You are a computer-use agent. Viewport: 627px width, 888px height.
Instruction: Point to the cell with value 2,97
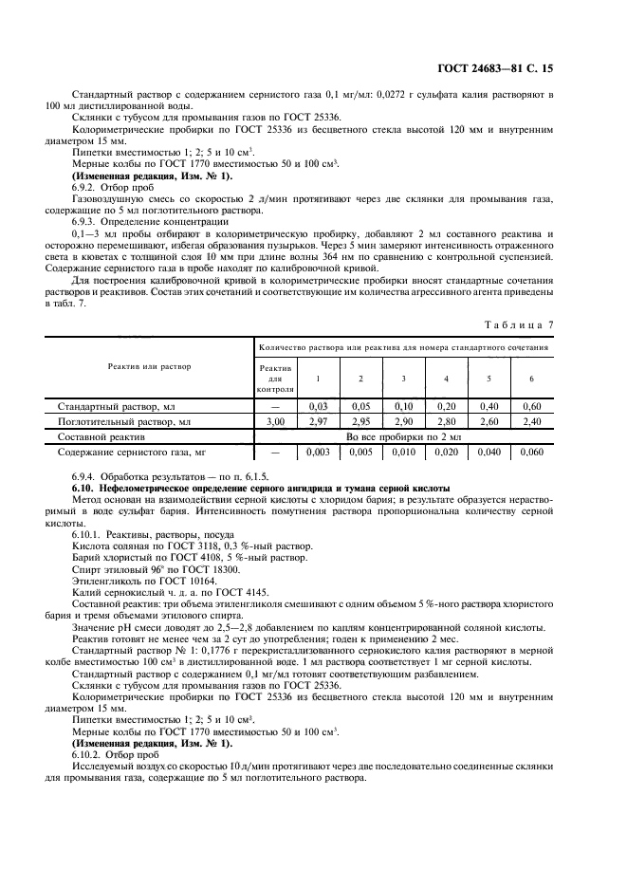[318, 420]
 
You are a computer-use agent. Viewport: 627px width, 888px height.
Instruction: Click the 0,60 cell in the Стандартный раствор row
[531, 405]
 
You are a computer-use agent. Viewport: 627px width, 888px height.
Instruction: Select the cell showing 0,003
[318, 453]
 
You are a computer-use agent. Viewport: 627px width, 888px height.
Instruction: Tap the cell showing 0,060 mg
[531, 453]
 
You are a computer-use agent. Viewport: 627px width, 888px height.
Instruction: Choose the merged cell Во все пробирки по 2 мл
[403, 436]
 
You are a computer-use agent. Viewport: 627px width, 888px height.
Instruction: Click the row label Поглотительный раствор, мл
[124, 420]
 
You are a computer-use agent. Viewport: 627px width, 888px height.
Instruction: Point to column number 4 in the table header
[446, 379]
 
